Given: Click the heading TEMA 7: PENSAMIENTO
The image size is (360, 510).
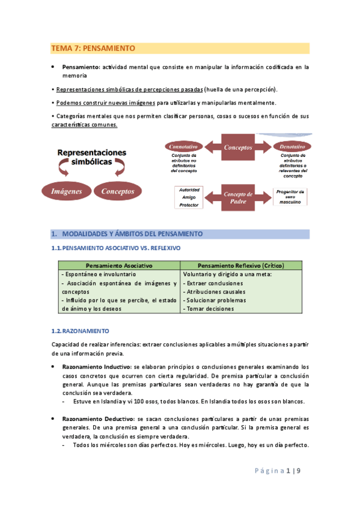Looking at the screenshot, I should (93, 48).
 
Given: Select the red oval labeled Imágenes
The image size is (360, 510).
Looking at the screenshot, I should (66, 191).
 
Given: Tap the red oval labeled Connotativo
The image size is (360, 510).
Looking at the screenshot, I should (185, 147).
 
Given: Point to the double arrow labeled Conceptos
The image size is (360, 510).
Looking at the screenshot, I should (238, 147).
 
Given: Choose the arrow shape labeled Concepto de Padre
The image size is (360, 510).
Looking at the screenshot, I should (238, 197).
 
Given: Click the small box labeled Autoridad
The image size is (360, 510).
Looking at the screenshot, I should (190, 189).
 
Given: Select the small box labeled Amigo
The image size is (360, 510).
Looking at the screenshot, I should (190, 197).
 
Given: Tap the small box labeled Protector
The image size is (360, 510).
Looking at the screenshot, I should (190, 205).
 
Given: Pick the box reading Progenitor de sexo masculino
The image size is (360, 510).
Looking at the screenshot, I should (291, 197).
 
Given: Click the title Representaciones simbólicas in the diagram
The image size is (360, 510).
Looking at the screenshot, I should (92, 158).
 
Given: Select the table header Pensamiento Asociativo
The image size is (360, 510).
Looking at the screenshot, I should (119, 265).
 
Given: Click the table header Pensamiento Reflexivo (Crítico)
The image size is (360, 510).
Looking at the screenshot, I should (241, 265).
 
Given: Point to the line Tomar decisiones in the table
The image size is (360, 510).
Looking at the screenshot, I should (210, 309).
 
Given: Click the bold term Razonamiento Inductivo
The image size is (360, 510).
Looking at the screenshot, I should (97, 366).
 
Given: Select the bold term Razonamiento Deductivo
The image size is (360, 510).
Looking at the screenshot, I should (98, 418).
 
